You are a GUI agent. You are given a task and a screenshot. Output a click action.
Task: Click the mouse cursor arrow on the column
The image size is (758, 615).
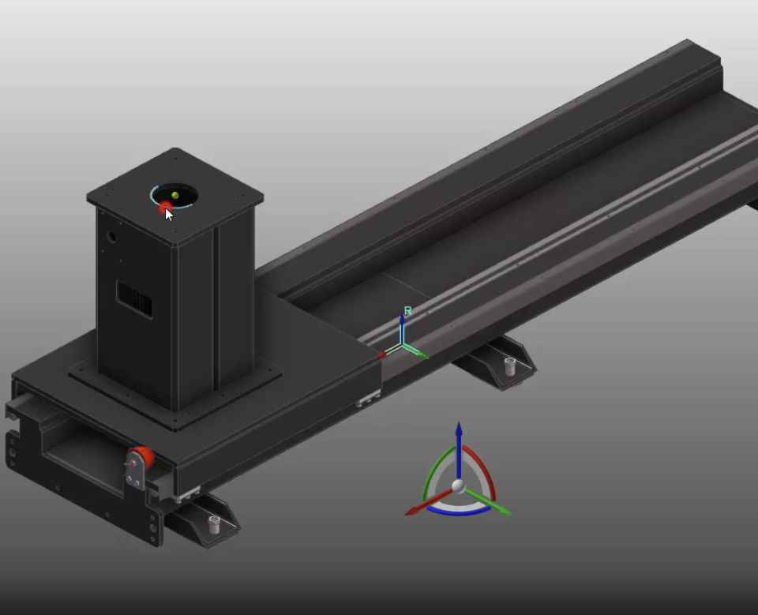click(x=168, y=214)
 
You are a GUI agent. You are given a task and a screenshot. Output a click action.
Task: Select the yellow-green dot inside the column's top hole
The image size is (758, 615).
click(x=174, y=194)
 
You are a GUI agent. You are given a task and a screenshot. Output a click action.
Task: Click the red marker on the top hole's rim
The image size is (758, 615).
click(x=166, y=207)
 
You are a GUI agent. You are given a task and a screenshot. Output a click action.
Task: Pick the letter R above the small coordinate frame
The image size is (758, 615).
click(x=407, y=312)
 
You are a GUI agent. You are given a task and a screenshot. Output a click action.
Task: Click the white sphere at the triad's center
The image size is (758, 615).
click(x=459, y=485)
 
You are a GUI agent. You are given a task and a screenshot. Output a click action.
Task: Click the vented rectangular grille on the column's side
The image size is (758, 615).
click(x=134, y=299)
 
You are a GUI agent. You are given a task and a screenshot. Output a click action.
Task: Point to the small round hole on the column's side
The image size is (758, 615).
click(x=112, y=235)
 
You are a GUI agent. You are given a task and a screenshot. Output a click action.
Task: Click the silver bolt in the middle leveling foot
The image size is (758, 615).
click(x=509, y=366)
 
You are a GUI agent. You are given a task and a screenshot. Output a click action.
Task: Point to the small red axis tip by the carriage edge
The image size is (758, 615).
click(x=381, y=356)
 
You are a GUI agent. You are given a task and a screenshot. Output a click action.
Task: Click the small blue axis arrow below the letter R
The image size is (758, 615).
click(x=402, y=328)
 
